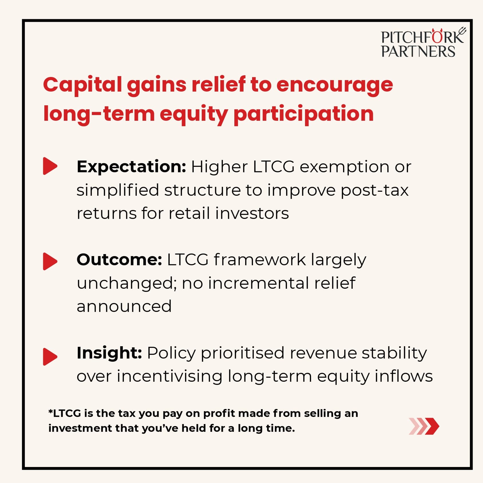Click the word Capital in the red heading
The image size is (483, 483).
pos(82,85)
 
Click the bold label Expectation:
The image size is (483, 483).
pos(132,167)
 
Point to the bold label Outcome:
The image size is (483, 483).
pos(119,260)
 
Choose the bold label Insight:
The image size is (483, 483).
pos(109,353)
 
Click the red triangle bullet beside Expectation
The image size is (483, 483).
pos(50,166)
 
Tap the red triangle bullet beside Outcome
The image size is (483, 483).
pos(50,261)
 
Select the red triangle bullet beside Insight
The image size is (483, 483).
pos(50,357)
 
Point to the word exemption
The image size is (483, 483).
pos(344,167)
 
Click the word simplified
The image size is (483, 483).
pos(118,190)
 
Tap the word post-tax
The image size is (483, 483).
pos(375,191)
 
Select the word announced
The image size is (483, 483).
pos(124,306)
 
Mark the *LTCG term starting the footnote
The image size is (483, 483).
pos(65,413)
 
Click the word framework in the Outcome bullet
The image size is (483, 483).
pos(260,260)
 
